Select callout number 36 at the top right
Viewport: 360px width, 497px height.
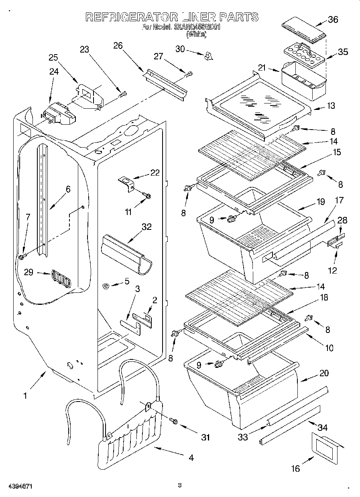pyautogui.click(x=333, y=19)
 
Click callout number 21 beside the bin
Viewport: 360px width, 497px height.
pyautogui.click(x=262, y=68)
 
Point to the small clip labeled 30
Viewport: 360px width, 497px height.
pyautogui.click(x=207, y=56)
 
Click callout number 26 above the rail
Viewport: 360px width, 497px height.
pyautogui.click(x=118, y=45)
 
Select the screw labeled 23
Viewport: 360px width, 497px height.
pyautogui.click(x=124, y=94)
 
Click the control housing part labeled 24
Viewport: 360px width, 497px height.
pyautogui.click(x=59, y=114)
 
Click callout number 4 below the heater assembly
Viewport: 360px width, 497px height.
pyautogui.click(x=191, y=458)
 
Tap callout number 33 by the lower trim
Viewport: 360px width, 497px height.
pyautogui.click(x=243, y=437)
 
